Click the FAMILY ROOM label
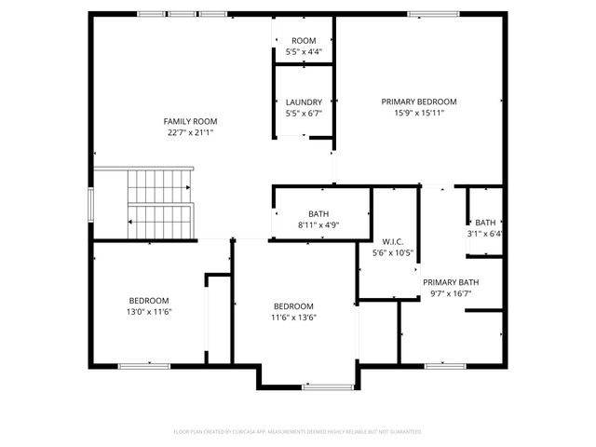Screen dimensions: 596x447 click(x=190, y=122)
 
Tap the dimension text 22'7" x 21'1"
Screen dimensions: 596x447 click(x=190, y=132)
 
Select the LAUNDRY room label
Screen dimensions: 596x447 click(x=304, y=102)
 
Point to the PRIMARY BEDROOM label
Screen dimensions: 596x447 click(x=419, y=102)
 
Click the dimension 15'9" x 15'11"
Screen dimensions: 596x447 click(x=419, y=113)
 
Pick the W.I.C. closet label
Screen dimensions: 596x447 click(x=393, y=242)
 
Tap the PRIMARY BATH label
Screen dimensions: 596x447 click(x=451, y=282)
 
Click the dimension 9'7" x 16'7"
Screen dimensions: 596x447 click(x=451, y=293)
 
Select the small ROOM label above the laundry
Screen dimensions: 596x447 click(x=304, y=41)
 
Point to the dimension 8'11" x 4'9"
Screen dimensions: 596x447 click(x=318, y=225)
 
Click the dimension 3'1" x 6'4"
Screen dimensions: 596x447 click(x=485, y=234)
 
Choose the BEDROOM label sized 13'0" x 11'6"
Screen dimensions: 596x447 click(x=149, y=301)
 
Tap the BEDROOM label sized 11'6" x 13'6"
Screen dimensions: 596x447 click(x=293, y=306)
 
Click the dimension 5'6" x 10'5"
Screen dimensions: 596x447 click(x=393, y=252)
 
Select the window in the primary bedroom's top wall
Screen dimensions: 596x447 click(x=433, y=14)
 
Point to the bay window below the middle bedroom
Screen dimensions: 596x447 click(x=328, y=387)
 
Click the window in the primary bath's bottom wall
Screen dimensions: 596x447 click(x=445, y=366)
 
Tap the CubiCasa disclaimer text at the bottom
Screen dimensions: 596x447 click(x=298, y=432)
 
